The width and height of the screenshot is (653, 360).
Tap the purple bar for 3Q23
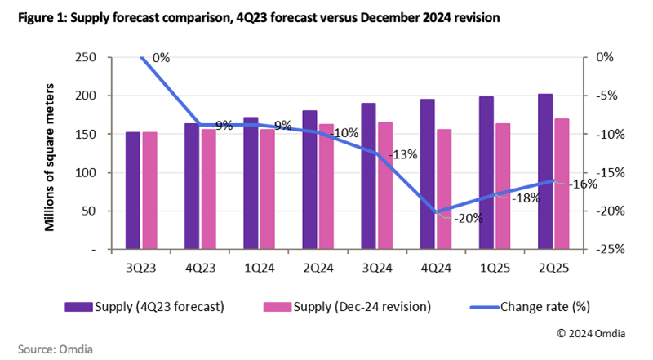(x=132, y=190)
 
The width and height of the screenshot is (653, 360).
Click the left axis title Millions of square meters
(x=50, y=153)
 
